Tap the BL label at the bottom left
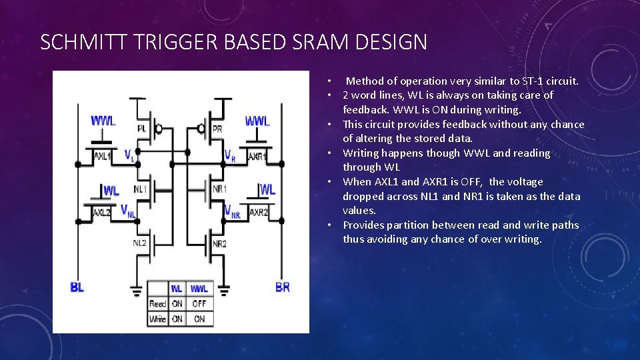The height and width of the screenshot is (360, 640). [x=77, y=287]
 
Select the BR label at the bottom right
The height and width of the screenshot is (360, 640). [x=283, y=287]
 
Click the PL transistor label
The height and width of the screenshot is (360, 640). [x=141, y=127]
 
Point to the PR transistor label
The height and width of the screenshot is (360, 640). [x=217, y=127]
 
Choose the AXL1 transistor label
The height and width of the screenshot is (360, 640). [x=102, y=157]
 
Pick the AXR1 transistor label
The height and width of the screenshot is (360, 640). [x=256, y=157]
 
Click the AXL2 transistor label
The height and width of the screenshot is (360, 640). [x=101, y=212]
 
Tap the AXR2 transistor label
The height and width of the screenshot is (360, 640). [x=258, y=212]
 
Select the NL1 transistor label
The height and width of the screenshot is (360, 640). [x=140, y=189]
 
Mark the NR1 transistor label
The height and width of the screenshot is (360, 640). [x=219, y=189]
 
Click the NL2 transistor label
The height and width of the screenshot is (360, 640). [x=139, y=243]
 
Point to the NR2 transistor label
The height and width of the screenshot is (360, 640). [x=219, y=244]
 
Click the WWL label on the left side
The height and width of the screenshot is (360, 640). [x=103, y=121]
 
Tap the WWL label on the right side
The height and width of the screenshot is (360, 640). [x=257, y=121]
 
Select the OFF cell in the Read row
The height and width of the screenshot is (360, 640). [x=199, y=303]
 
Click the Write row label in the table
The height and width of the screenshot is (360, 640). [x=157, y=319]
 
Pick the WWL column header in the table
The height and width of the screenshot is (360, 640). [x=199, y=289]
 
